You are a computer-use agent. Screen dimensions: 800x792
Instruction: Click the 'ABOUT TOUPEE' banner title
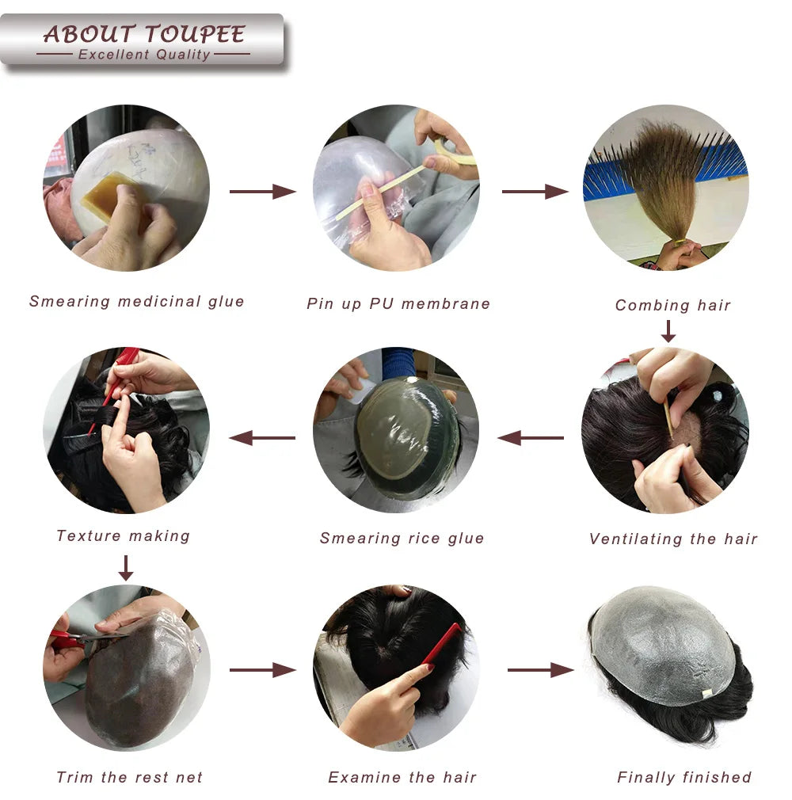click(143, 34)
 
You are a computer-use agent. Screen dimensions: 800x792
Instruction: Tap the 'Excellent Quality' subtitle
click(143, 55)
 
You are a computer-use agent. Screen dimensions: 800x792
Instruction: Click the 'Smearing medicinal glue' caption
click(137, 302)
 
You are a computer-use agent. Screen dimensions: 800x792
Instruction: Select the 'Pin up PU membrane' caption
click(398, 303)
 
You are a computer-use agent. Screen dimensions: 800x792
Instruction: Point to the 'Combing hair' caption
click(672, 305)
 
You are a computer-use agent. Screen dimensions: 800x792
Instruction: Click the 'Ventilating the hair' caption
click(673, 539)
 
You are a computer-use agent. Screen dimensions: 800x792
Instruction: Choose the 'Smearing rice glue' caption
click(402, 538)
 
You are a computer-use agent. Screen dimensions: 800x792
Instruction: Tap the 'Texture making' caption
click(123, 535)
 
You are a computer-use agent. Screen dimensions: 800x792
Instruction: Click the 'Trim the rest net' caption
click(129, 777)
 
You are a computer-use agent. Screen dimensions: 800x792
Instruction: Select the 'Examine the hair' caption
click(402, 777)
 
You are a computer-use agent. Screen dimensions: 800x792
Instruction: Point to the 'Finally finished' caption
click(684, 777)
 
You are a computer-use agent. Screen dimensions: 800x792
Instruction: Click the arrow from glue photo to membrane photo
click(262, 191)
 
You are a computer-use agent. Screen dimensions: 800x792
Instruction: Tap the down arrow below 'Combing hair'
click(668, 330)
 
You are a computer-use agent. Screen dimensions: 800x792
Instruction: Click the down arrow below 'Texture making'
click(125, 567)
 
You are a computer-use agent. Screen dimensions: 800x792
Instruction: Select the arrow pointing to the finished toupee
click(540, 670)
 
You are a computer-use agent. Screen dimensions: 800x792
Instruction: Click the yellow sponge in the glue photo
click(111, 193)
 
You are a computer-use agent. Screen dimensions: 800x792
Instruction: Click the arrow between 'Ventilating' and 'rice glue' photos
click(530, 437)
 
